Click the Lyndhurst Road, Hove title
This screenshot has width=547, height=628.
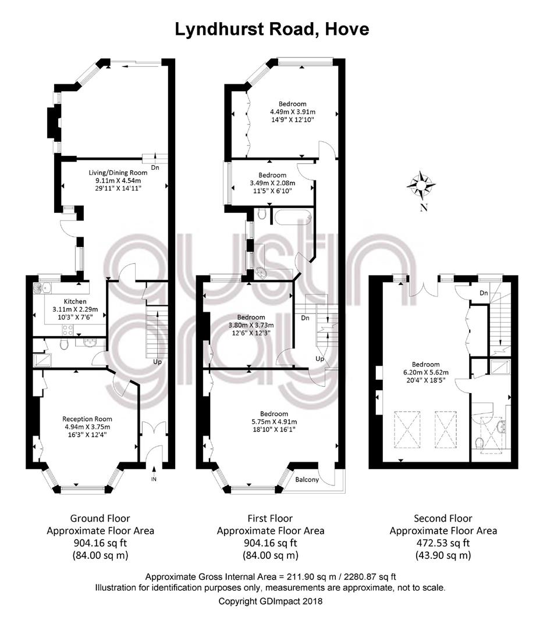pyautogui.click(x=272, y=30)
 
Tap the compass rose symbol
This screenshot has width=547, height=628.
pyautogui.click(x=421, y=185)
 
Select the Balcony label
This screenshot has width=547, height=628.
pyautogui.click(x=307, y=479)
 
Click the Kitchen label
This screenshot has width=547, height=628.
pyautogui.click(x=75, y=301)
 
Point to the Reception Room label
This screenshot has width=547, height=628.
pyautogui.click(x=87, y=419)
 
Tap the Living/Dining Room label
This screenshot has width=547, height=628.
pyautogui.click(x=118, y=173)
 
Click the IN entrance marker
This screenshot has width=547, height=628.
pyautogui.click(x=154, y=479)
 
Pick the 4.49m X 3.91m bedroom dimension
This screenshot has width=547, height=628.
pyautogui.click(x=293, y=112)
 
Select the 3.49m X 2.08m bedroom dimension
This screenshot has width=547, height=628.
pyautogui.click(x=272, y=183)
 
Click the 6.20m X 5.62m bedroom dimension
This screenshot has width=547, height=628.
pyautogui.click(x=425, y=372)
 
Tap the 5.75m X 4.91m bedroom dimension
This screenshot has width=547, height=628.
pyautogui.click(x=274, y=422)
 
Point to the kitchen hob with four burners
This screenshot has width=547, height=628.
pyautogui.click(x=68, y=330)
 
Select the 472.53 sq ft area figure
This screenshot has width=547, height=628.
pyautogui.click(x=443, y=543)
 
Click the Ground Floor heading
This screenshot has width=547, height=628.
pyautogui.click(x=100, y=518)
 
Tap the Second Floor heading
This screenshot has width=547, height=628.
pyautogui.click(x=443, y=518)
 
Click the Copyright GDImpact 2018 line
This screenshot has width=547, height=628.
pyautogui.click(x=270, y=601)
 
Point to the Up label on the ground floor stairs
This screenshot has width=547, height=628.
pyautogui.click(x=158, y=362)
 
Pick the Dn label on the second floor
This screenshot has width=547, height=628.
pyautogui.click(x=484, y=292)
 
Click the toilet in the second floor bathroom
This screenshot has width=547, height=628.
pyautogui.click(x=479, y=444)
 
